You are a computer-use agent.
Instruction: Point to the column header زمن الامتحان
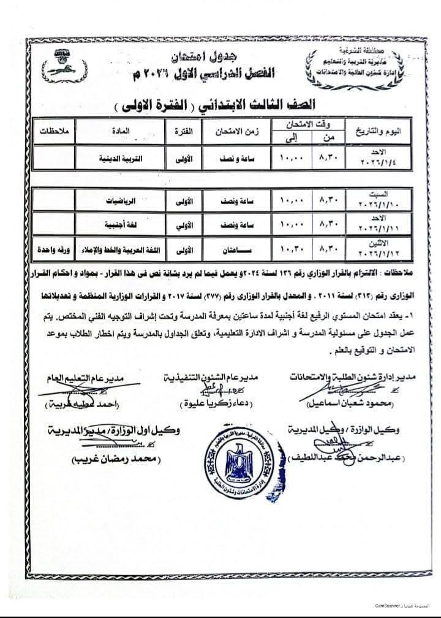[x=235, y=132]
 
